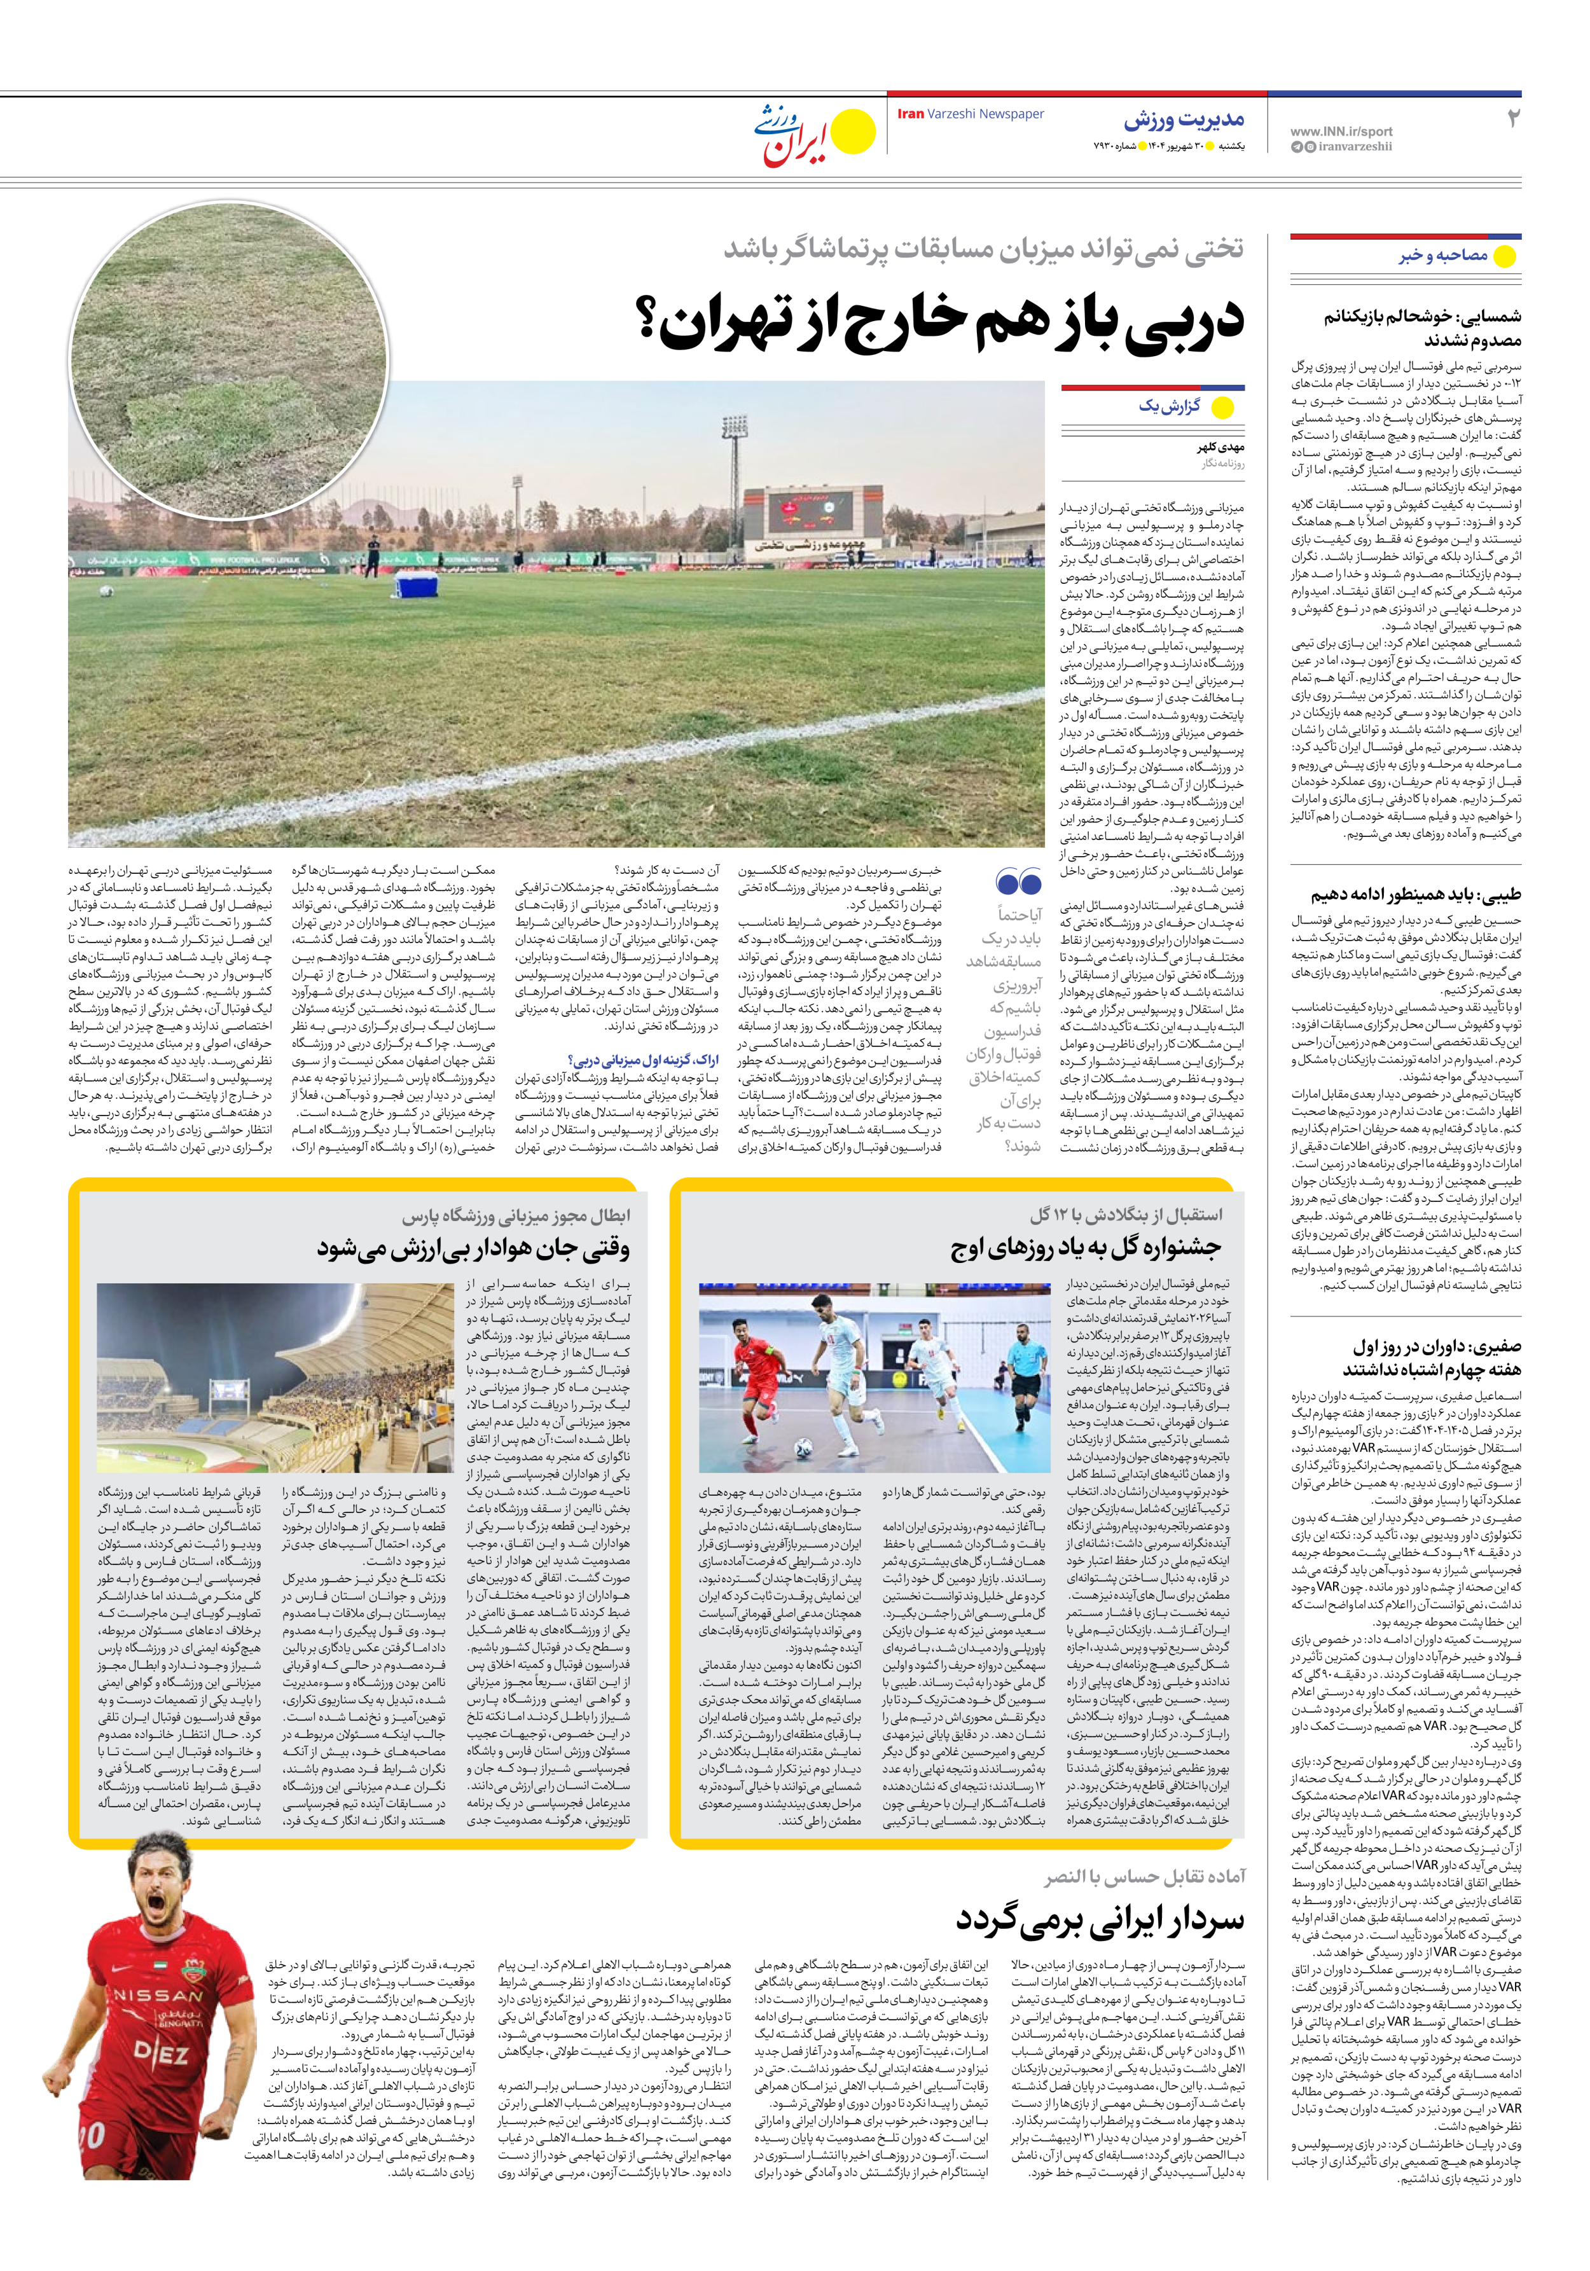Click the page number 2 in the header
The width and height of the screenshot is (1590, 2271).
click(1511, 119)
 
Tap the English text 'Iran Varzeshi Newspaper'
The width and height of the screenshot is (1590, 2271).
click(970, 114)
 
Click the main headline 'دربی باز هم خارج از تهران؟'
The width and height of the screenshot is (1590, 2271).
click(950, 321)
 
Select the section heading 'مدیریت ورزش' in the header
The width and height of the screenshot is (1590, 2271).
click(1184, 121)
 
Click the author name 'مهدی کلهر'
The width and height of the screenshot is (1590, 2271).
click(1220, 447)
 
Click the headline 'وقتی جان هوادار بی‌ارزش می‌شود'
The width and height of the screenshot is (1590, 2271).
click(473, 1248)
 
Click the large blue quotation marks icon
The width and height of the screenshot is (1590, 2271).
click(1018, 880)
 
